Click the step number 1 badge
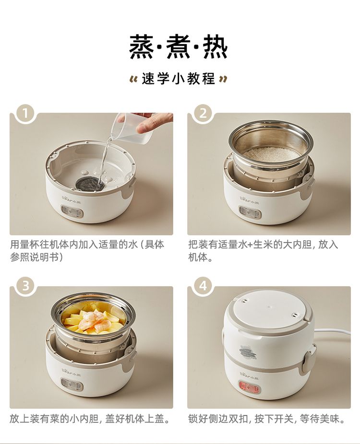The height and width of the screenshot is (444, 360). click(25, 113)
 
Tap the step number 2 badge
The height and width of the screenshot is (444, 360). click(203, 113)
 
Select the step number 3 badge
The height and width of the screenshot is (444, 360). click(25, 286)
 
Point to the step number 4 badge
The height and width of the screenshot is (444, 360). click(203, 286)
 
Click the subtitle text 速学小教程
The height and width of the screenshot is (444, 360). click(179, 79)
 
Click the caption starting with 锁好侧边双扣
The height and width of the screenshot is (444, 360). click(267, 419)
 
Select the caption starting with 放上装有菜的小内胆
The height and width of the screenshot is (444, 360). click(90, 419)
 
